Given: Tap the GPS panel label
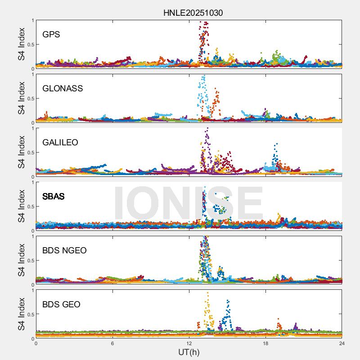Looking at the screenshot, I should click(51, 34).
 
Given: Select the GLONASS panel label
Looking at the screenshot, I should click(63, 88).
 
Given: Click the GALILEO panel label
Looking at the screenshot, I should click(60, 142).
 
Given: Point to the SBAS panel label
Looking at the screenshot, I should click(53, 196).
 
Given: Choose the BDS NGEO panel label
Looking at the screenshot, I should click(64, 250).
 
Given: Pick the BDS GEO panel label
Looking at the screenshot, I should click(61, 304).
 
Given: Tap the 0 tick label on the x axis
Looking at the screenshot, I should click(36, 343).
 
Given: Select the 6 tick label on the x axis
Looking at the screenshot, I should click(112, 343).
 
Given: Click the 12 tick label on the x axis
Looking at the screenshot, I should click(189, 343).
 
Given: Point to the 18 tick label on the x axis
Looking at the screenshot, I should click(265, 343).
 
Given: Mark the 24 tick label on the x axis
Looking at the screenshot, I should click(342, 343).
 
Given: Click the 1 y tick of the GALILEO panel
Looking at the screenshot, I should click(32, 129).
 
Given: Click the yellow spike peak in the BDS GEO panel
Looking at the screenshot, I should click(207, 293).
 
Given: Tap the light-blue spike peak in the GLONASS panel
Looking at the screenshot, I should click(204, 76).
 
